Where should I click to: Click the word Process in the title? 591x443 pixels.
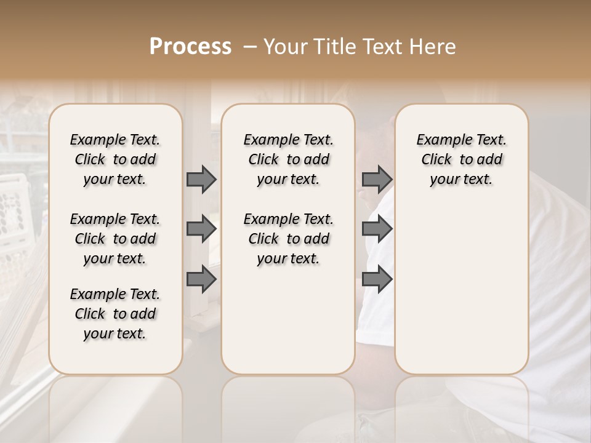(190, 47)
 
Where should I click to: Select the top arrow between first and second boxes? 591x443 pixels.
(201, 179)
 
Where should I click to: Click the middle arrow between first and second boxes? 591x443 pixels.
(201, 229)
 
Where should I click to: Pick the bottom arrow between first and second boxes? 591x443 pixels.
(201, 279)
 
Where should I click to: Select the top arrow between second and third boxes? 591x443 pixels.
(377, 179)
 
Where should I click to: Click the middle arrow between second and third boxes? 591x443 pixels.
(377, 229)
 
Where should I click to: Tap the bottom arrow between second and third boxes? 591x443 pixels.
(377, 279)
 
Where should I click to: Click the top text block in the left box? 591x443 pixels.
(115, 159)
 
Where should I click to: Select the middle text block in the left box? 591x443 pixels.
(115, 239)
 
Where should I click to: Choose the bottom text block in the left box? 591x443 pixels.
(115, 314)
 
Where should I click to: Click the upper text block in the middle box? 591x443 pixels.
(288, 159)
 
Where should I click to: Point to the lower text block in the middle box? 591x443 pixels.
(288, 239)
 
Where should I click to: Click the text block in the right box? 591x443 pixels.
(461, 159)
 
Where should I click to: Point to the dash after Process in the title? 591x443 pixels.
(249, 47)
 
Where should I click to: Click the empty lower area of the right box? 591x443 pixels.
(461, 289)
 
